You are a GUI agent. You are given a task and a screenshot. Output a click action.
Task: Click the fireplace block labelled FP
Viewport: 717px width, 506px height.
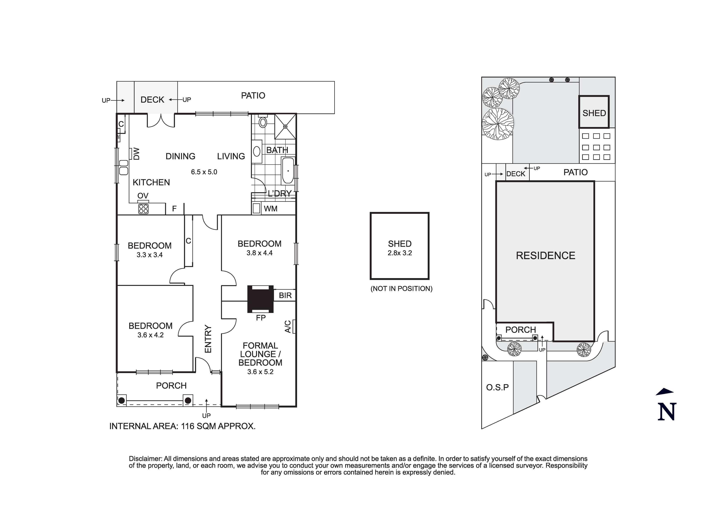click(x=260, y=299)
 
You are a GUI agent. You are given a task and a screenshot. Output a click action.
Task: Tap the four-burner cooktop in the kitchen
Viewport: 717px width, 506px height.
click(x=143, y=209)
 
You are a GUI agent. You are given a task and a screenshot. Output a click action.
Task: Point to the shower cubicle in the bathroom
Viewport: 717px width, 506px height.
click(x=285, y=126)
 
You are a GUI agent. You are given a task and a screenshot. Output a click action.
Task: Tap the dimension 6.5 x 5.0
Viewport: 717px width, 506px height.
click(x=204, y=172)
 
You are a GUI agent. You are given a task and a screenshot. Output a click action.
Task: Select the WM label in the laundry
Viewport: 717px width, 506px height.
click(x=270, y=209)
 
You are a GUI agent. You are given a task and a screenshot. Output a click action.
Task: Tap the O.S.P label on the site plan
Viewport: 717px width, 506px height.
click(x=497, y=387)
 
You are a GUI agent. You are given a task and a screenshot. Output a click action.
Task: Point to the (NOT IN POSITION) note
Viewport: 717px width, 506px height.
click(x=401, y=289)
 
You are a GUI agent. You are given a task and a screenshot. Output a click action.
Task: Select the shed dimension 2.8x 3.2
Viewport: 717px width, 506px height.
click(x=400, y=253)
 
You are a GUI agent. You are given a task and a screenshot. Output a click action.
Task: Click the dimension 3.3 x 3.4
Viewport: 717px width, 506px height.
click(x=150, y=255)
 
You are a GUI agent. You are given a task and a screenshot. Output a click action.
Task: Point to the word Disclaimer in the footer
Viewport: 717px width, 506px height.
click(x=145, y=459)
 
